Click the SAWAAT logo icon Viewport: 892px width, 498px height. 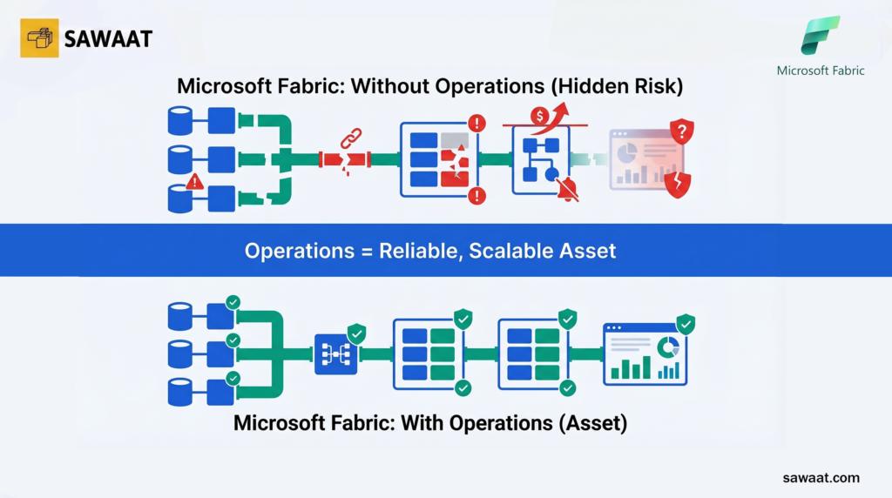pos(39,38)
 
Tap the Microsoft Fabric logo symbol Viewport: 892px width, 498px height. pos(821,36)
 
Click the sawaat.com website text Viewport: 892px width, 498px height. pos(821,477)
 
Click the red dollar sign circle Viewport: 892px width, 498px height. pos(540,115)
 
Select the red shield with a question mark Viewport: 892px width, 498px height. pos(681,133)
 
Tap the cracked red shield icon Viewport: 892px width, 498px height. pos(678,185)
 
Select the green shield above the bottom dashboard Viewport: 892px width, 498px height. pos(686,325)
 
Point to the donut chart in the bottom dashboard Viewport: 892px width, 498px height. pos(668,346)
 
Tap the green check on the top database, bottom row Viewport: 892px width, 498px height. pos(233,303)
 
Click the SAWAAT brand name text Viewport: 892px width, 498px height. pos(109,38)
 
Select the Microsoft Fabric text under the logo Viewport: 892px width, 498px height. pos(821,71)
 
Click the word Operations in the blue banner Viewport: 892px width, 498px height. pos(301,251)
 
